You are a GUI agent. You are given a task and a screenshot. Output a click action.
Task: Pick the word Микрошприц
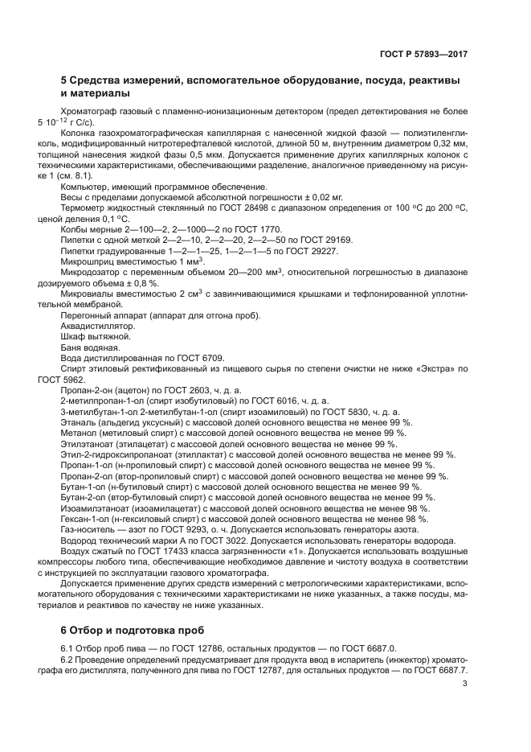88,261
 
